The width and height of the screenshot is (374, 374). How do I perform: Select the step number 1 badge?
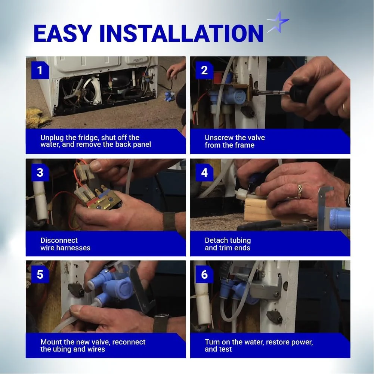pyautogui.click(x=40, y=70)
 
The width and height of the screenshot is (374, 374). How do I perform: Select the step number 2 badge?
pyautogui.click(x=204, y=70)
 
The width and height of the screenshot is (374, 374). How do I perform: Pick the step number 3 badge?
pyautogui.click(x=40, y=173)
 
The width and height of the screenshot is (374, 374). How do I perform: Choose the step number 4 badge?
pyautogui.click(x=204, y=173)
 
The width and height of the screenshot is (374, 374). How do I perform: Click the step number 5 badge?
pyautogui.click(x=40, y=275)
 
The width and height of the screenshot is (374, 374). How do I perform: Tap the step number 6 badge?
pyautogui.click(x=204, y=275)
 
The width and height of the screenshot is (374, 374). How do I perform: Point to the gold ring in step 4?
pyautogui.click(x=299, y=191)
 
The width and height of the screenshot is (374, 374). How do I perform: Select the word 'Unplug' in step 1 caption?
pyautogui.click(x=52, y=138)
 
